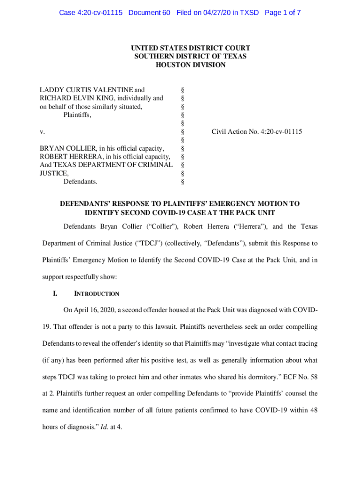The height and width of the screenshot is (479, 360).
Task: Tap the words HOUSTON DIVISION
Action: [x=190, y=65]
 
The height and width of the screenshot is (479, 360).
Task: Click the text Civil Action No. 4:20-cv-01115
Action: [x=257, y=132]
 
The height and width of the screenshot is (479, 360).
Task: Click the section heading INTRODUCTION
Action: [x=97, y=294]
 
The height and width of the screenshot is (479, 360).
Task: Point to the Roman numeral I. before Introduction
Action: [x=55, y=294]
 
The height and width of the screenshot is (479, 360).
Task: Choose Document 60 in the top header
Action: [x=149, y=13]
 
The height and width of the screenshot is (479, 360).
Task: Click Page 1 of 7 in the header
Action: [x=282, y=13]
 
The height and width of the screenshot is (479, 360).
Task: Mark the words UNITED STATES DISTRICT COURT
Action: [x=190, y=48]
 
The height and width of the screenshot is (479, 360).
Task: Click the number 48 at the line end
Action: [x=314, y=410]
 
